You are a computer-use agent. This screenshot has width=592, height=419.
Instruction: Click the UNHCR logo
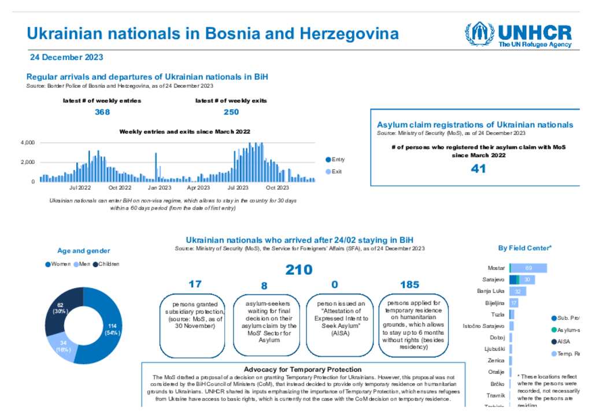(518, 35)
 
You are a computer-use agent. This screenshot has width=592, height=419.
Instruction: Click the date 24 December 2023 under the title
(66, 57)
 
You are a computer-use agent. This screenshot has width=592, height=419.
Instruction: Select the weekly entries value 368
(102, 112)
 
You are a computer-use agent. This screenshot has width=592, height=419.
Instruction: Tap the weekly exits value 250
(231, 112)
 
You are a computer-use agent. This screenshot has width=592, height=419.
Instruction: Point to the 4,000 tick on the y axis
(27, 143)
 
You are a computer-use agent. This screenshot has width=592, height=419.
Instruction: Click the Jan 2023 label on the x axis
(159, 188)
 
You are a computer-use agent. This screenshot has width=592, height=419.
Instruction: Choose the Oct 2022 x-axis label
(120, 188)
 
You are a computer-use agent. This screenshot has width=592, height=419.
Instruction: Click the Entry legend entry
(338, 159)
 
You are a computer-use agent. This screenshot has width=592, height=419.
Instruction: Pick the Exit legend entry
(336, 171)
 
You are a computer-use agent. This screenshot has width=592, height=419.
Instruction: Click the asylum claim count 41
(478, 169)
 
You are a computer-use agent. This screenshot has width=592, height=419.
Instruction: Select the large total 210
(299, 270)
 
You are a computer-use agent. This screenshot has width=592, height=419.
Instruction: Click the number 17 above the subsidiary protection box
(195, 284)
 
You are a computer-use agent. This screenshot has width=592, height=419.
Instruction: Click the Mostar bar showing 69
(528, 268)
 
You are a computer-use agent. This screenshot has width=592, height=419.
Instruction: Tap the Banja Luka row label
(491, 291)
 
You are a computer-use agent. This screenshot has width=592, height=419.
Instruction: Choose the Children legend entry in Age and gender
(109, 264)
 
